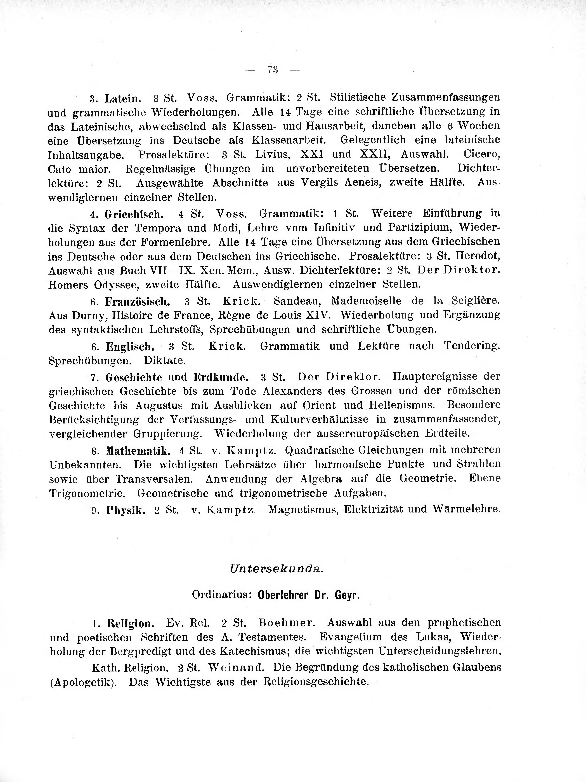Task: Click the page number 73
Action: point(273,70)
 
